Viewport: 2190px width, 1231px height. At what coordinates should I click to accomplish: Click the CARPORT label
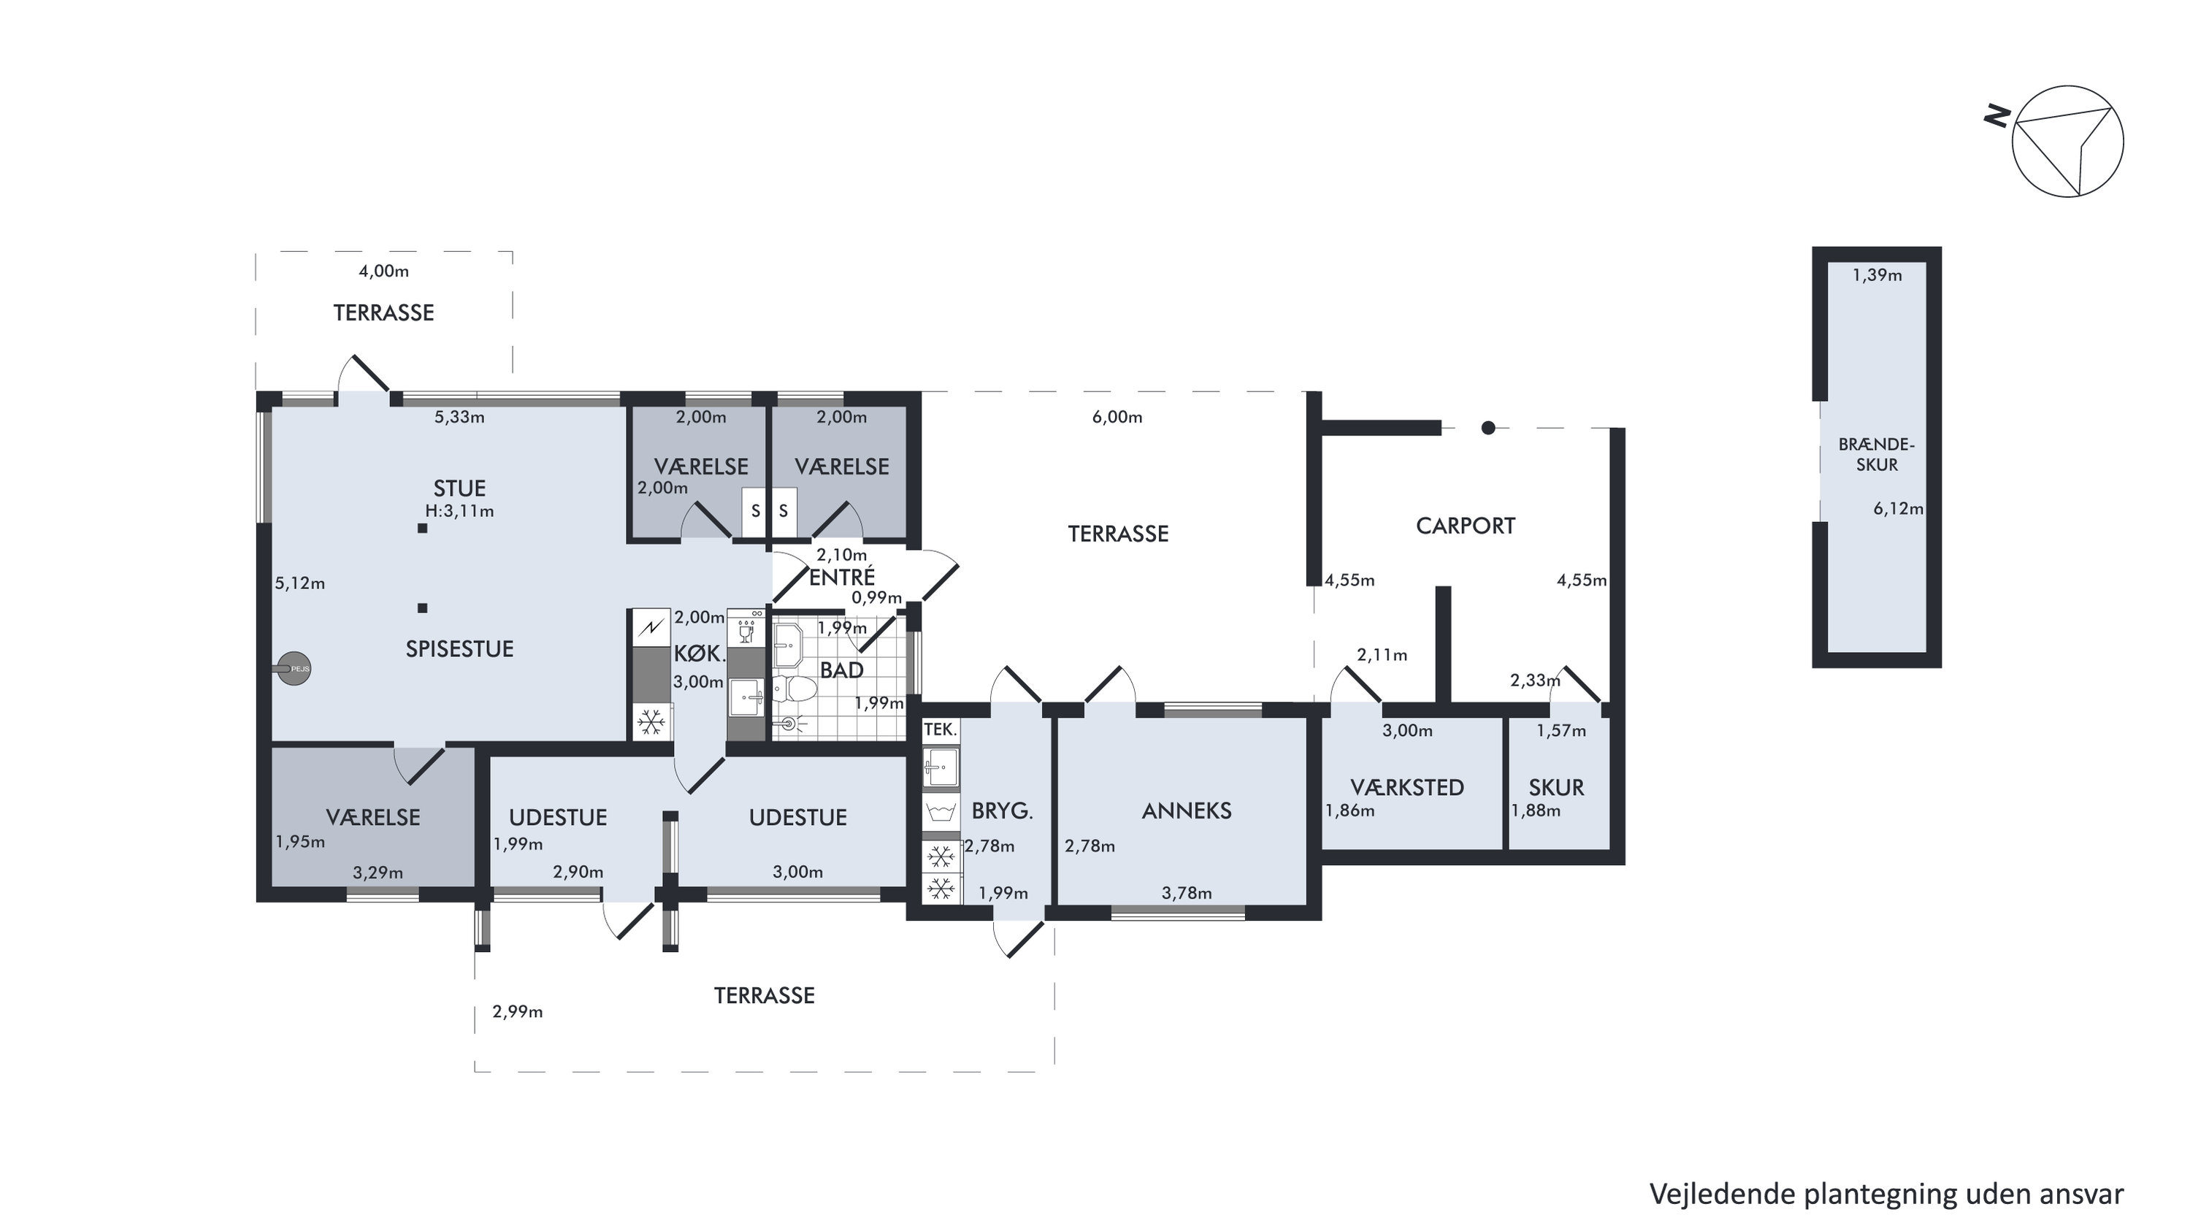1465,526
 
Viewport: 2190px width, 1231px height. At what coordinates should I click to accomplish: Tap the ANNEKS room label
1186,811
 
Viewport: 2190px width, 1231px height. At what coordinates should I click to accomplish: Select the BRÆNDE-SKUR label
1876,454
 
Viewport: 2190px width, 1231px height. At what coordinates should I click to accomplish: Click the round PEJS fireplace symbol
294,669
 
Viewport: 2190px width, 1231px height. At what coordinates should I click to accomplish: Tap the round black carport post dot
1488,429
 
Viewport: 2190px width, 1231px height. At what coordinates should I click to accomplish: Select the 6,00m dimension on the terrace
1117,418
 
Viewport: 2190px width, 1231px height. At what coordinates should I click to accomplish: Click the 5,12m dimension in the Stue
299,583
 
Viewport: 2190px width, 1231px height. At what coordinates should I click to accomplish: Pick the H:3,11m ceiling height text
460,511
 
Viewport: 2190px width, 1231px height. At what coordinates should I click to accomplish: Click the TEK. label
941,729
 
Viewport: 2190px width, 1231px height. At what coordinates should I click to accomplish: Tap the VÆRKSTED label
1407,787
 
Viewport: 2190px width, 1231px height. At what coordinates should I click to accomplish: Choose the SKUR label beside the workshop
1557,787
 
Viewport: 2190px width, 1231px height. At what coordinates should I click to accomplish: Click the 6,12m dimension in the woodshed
1899,508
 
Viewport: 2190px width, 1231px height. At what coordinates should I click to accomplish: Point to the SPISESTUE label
459,648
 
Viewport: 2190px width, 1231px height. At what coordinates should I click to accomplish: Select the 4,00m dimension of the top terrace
383,271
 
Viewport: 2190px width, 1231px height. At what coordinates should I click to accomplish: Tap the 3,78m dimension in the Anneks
1187,893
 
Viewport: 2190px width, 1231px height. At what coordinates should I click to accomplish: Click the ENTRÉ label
842,578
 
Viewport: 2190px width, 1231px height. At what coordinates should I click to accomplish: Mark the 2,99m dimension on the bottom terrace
518,1012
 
